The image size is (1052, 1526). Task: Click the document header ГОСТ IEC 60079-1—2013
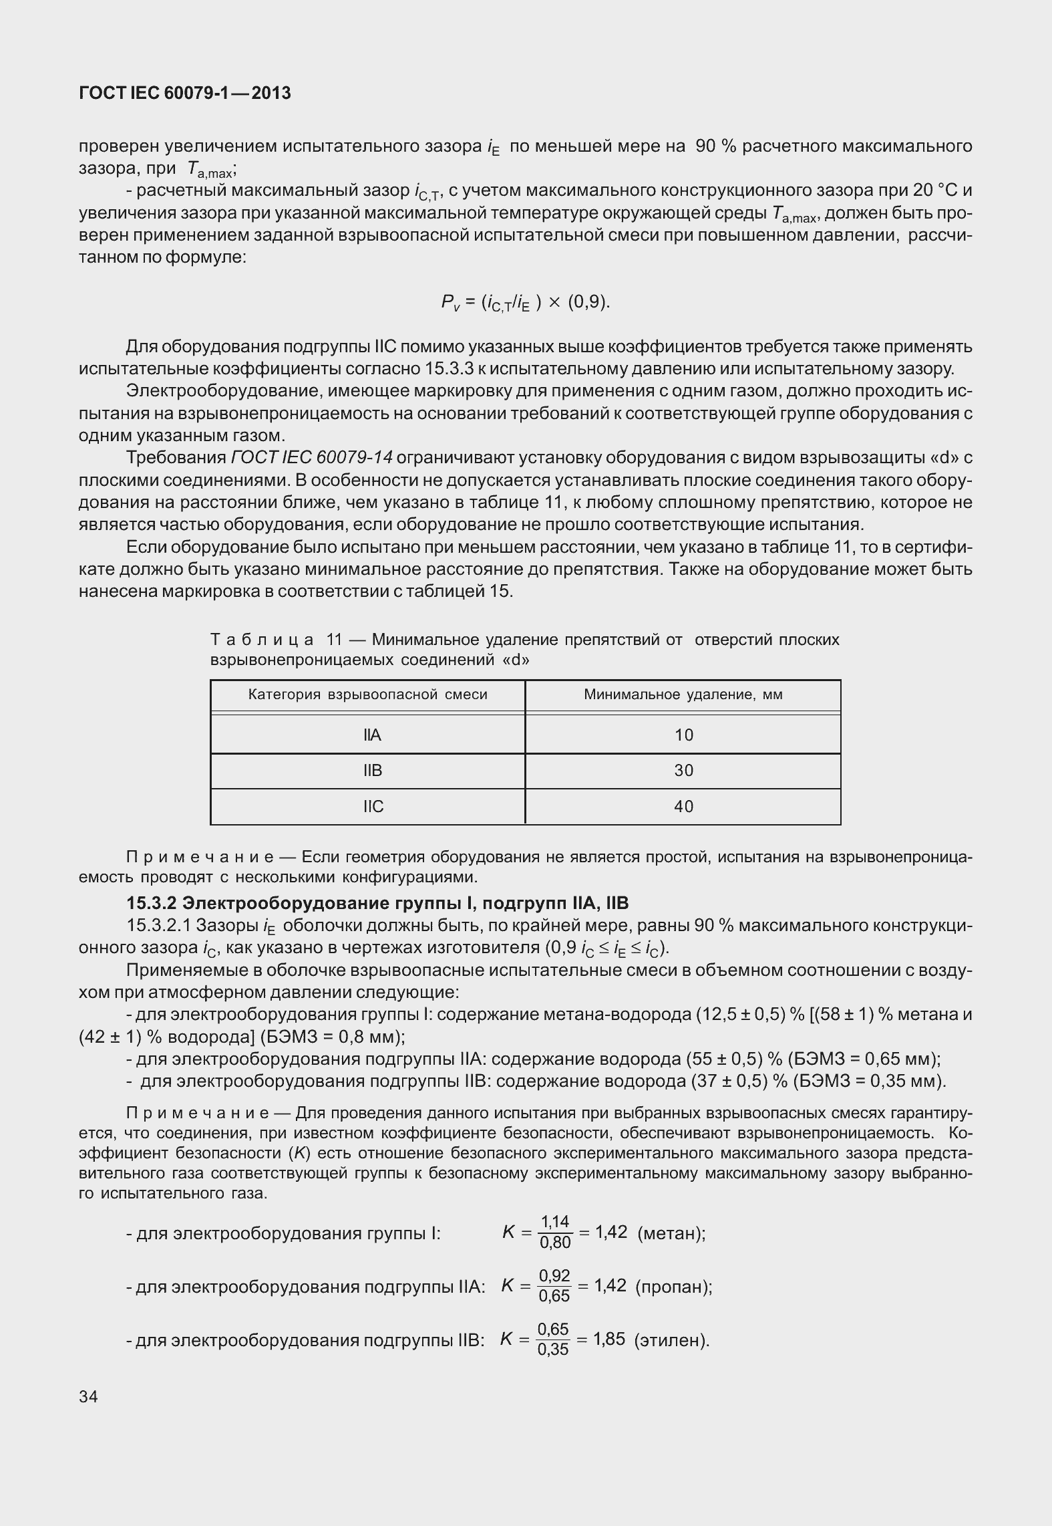pyautogui.click(x=185, y=94)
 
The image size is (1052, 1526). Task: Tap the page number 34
pyautogui.click(x=88, y=1396)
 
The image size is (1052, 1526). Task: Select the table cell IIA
pyautogui.click(x=372, y=735)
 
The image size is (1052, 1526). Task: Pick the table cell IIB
pyautogui.click(x=373, y=771)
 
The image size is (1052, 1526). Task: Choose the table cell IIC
pyautogui.click(x=373, y=807)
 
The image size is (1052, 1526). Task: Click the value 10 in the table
pyautogui.click(x=683, y=735)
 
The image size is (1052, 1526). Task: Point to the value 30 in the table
pyautogui.click(x=683, y=771)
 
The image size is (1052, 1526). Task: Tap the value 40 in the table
pyautogui.click(x=683, y=807)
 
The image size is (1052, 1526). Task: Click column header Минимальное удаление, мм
pyautogui.click(x=683, y=694)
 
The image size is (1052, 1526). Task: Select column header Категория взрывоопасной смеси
pyautogui.click(x=367, y=694)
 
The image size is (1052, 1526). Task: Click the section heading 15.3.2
pyautogui.click(x=377, y=904)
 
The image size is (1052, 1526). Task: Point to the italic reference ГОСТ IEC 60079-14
pyautogui.click(x=311, y=458)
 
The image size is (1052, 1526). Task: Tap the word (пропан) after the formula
pyautogui.click(x=673, y=1287)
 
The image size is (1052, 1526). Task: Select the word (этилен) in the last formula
pyautogui.click(x=671, y=1340)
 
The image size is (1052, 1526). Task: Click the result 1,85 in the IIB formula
pyautogui.click(x=608, y=1339)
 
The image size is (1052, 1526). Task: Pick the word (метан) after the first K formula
pyautogui.click(x=671, y=1233)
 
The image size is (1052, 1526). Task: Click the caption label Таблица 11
pyautogui.click(x=276, y=640)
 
